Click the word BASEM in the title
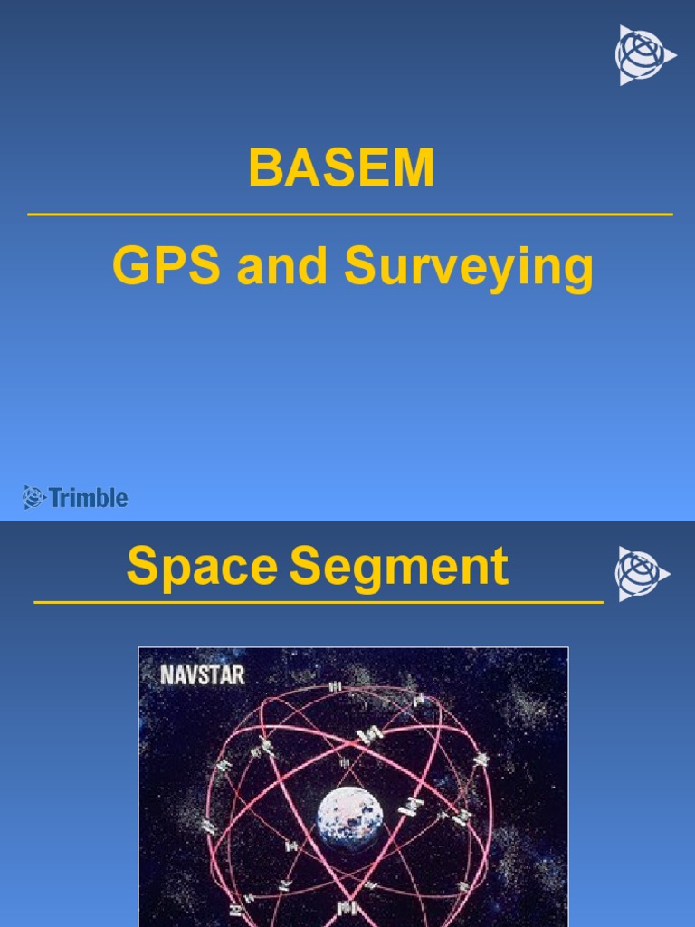click(341, 168)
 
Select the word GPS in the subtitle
click(167, 268)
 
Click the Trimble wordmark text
click(88, 497)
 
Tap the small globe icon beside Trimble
click(34, 497)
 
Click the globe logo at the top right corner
click(643, 55)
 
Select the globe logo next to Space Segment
click(642, 574)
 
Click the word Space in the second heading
click(201, 568)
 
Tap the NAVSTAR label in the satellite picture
click(202, 675)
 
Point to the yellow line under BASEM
click(349, 215)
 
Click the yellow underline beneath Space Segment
click(318, 601)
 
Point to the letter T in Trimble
click(56, 497)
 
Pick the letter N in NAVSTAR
click(167, 675)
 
